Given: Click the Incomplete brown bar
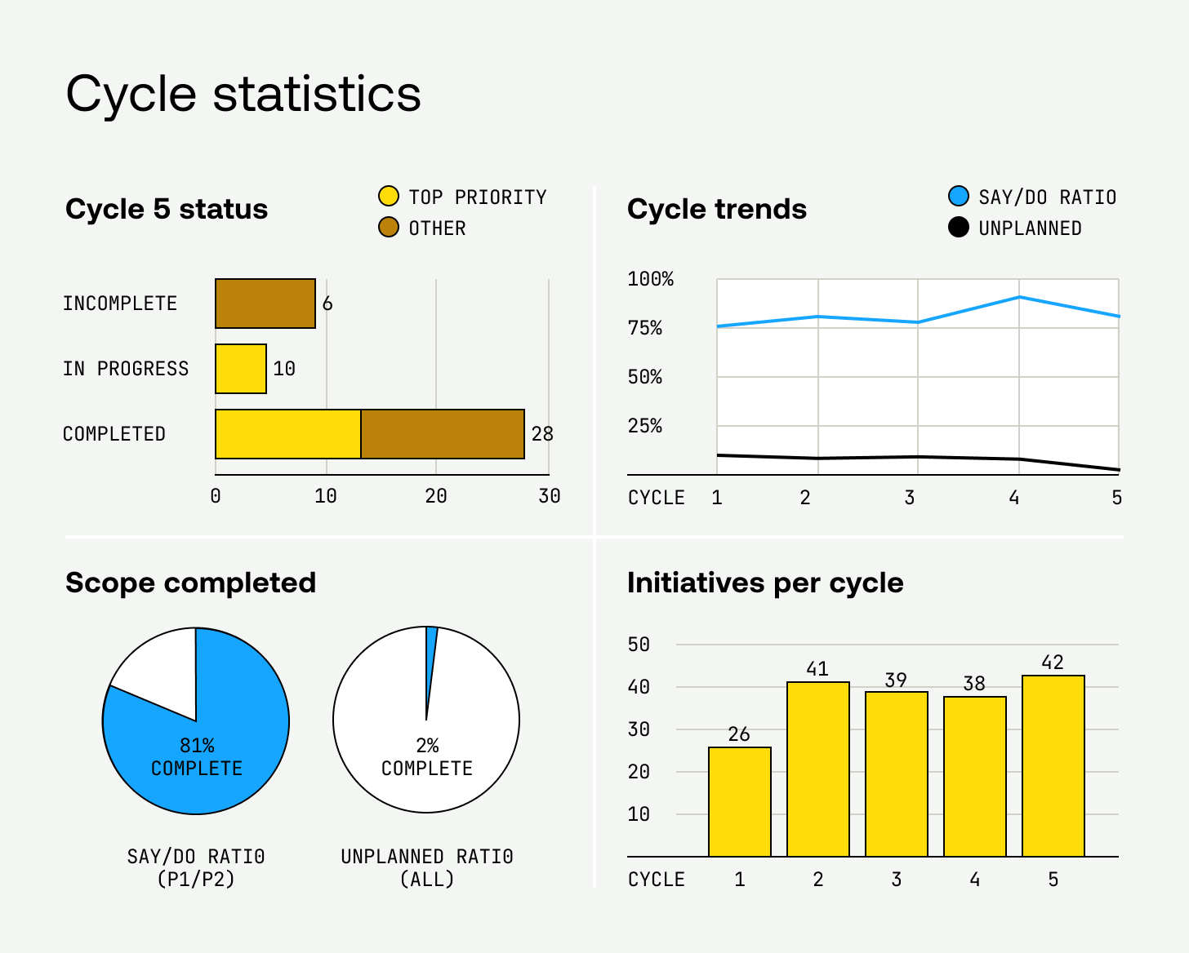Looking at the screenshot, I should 265,304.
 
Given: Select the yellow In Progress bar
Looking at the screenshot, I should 241,369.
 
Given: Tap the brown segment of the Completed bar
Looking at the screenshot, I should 443,434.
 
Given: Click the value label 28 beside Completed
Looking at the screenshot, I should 542,434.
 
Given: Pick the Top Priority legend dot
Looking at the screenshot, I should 389,197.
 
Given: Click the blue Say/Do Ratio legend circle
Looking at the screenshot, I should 959,197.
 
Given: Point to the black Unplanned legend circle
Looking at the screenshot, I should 959,228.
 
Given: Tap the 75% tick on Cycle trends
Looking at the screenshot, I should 645,328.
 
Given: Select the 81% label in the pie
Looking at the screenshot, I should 197,746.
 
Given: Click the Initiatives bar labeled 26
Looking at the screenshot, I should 740,801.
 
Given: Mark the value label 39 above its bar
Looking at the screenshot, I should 896,680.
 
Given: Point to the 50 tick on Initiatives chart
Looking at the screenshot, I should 639,645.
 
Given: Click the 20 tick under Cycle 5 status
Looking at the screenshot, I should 436,496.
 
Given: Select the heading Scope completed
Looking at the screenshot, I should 190,583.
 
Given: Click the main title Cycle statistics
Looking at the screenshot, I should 243,93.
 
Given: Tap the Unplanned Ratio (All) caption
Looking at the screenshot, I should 427,867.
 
